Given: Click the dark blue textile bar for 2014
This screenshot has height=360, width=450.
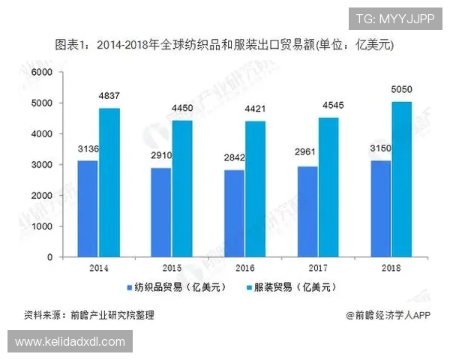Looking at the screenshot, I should [x=88, y=208].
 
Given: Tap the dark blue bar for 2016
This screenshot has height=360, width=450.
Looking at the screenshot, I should [x=235, y=213].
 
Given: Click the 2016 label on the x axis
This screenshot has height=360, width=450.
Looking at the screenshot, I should [x=244, y=268].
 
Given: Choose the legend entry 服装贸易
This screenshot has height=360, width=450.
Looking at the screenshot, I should [x=289, y=286].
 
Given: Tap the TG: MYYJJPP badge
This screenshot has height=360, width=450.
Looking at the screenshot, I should [x=394, y=19].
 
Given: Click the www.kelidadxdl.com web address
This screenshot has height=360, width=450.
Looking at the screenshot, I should [x=70, y=342].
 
